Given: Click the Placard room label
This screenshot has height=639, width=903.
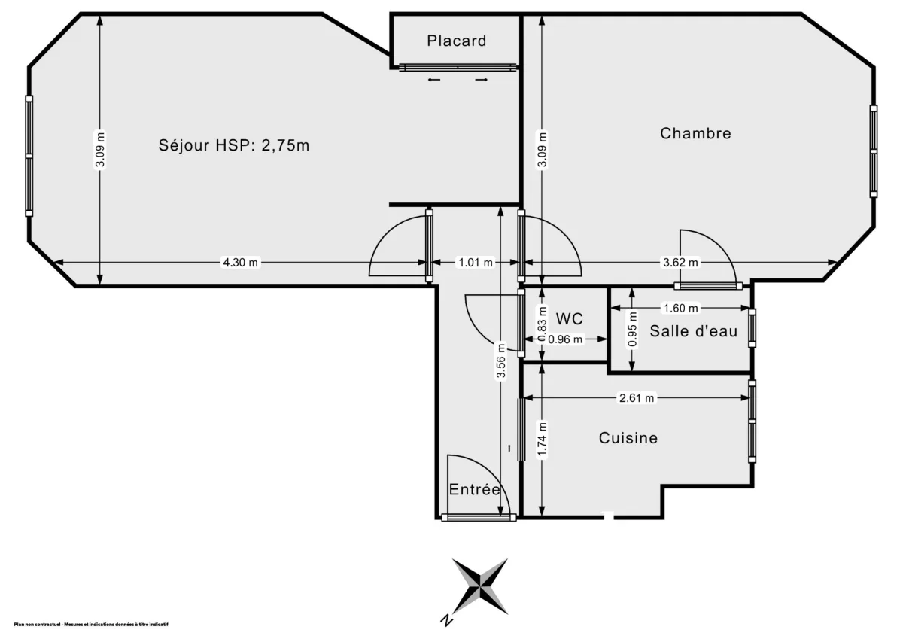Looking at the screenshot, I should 457,41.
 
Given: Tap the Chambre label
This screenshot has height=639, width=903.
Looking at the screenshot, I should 695,133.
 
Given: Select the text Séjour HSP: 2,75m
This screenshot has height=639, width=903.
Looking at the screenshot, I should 234,145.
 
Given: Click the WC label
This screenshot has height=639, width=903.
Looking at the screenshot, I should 570,318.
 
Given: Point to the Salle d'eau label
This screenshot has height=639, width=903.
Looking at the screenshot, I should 693,331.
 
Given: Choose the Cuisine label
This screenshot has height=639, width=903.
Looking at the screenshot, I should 628,437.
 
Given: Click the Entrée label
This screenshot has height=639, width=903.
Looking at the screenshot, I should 475,489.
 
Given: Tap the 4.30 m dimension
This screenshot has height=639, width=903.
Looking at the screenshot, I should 240,263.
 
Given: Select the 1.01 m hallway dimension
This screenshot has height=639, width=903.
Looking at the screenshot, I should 475,263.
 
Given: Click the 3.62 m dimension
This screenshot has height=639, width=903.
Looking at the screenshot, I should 680,263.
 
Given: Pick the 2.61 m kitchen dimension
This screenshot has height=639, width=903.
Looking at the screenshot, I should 636,397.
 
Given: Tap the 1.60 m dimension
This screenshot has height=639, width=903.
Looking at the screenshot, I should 680,308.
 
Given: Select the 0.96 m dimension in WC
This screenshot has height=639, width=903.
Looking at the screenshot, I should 565,339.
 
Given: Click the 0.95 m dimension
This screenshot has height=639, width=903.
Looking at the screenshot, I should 632,329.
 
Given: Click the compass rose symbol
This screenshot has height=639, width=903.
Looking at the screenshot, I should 480,586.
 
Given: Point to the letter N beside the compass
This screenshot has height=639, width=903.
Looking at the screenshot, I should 446,620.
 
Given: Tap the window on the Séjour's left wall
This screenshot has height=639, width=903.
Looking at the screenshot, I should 29,156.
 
